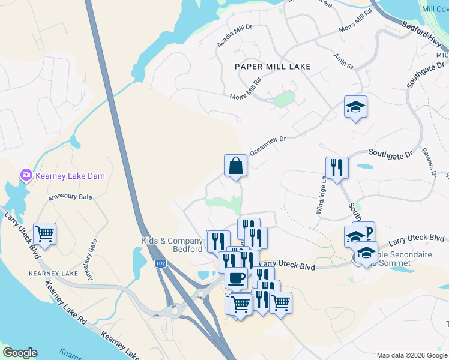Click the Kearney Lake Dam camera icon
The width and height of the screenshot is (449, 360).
pyautogui.click(x=26, y=175)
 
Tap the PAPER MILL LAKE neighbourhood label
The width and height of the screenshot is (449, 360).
pyautogui.click(x=273, y=67)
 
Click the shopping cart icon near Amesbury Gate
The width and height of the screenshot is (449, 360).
pyautogui.click(x=44, y=233)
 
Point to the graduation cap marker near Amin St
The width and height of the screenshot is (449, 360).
pyautogui.click(x=355, y=107)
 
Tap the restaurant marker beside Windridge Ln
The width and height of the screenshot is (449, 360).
pyautogui.click(x=337, y=168)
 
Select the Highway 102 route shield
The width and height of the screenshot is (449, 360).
pyautogui.click(x=160, y=264)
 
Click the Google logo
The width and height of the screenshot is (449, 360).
pyautogui.click(x=19, y=353)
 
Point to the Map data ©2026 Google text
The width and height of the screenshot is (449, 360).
pyautogui.click(x=412, y=355)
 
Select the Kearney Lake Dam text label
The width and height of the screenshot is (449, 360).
pyautogui.click(x=70, y=176)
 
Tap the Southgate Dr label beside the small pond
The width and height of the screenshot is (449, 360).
pyautogui.click(x=390, y=154)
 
